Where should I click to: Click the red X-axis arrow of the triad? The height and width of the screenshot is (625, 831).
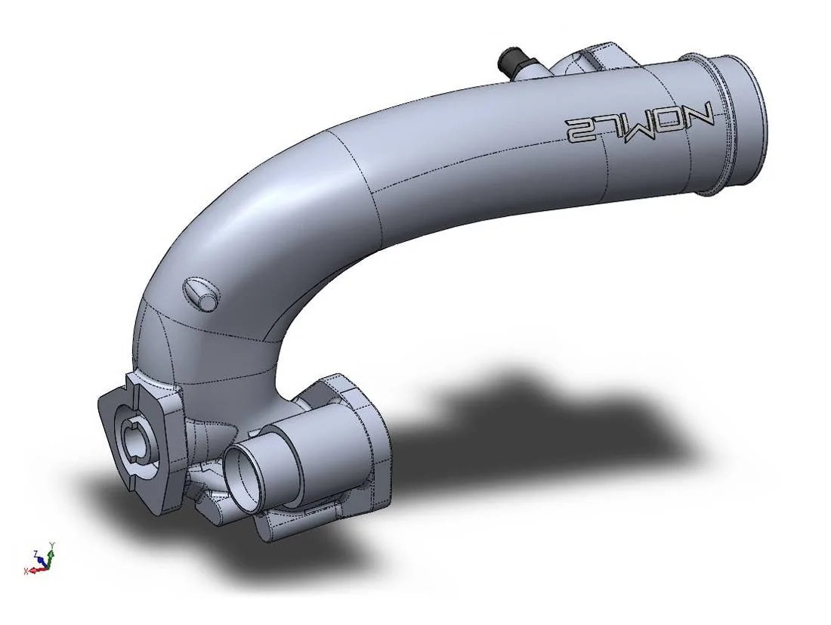[33, 569]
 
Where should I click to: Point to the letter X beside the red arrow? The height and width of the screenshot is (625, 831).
[26, 571]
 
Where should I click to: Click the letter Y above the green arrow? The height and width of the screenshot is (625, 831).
[51, 545]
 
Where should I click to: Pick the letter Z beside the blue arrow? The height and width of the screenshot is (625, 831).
[36, 553]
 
